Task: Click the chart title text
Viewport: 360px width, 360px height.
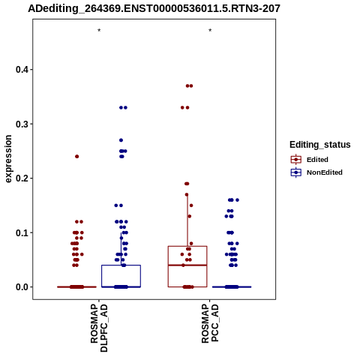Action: (x=154, y=8)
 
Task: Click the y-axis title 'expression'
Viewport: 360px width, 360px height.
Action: (x=8, y=159)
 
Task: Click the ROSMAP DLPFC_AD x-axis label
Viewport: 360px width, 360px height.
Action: (x=99, y=328)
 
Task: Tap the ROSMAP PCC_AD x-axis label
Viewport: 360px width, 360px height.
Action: (x=210, y=323)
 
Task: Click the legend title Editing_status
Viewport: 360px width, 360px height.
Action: (x=320, y=145)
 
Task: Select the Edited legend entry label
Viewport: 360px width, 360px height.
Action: (x=317, y=160)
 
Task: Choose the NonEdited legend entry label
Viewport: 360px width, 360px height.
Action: (x=325, y=172)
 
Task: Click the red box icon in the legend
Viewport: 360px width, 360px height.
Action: (x=296, y=160)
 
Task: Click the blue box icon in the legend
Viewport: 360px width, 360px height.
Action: (x=296, y=172)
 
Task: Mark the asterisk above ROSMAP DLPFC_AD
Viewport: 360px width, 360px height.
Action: (x=99, y=31)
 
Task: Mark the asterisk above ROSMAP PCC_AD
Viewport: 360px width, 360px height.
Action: (x=210, y=31)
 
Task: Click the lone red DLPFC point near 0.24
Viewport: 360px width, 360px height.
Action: (x=77, y=157)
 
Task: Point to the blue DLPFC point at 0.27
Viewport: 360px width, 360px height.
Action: (x=121, y=140)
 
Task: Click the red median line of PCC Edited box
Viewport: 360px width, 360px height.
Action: (x=187, y=265)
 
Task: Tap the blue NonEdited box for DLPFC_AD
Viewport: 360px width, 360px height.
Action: (x=121, y=265)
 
